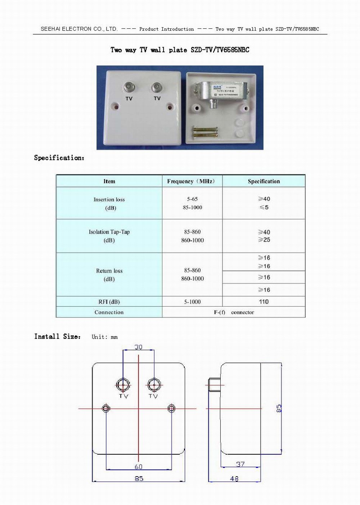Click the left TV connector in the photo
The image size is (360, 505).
(129, 87)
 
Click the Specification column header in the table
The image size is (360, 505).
(264, 181)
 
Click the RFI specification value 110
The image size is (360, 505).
(264, 302)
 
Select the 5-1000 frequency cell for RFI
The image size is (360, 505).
(192, 302)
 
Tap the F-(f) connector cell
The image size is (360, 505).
(234, 312)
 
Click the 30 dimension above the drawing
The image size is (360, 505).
(139, 347)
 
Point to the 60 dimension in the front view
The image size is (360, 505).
(139, 467)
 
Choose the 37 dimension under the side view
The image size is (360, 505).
(240, 464)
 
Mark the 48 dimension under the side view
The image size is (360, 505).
(234, 479)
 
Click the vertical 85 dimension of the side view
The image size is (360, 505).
(279, 408)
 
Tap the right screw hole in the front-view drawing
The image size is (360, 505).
(171, 408)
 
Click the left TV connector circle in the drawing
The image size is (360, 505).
(123, 385)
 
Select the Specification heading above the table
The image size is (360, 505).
(59, 158)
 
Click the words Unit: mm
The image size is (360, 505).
(104, 337)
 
